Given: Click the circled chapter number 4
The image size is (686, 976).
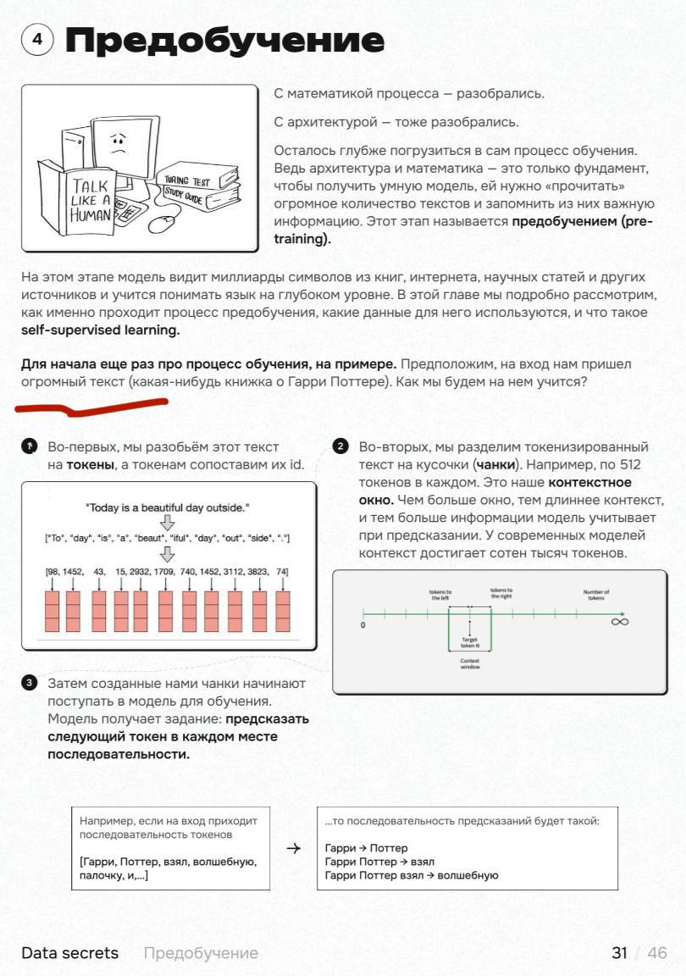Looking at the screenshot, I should [x=37, y=40].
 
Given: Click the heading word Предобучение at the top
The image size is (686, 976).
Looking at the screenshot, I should [x=224, y=40].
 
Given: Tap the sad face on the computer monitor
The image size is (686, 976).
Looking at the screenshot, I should [x=119, y=141].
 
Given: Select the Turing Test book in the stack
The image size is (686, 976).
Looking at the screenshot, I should [x=196, y=178].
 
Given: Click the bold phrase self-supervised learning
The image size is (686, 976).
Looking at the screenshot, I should [x=101, y=330].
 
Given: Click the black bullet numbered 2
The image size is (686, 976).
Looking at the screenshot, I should [x=340, y=446].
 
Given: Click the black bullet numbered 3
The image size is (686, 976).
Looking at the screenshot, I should [x=30, y=683].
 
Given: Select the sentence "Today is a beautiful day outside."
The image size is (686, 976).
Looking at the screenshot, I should [x=168, y=507].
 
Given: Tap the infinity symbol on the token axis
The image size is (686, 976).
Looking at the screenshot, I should [x=619, y=622].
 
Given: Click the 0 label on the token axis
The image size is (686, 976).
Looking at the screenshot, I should [x=362, y=625].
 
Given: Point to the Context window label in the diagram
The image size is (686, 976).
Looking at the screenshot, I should [x=470, y=663].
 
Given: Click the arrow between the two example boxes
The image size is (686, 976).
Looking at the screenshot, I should [x=294, y=848].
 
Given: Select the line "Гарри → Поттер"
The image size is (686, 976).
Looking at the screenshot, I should [x=366, y=847].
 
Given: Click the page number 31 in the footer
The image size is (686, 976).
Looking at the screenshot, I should [x=619, y=953].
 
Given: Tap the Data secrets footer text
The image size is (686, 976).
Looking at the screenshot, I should [x=70, y=953].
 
